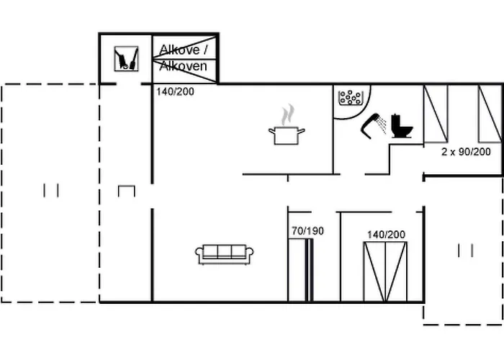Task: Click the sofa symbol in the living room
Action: point(225,253)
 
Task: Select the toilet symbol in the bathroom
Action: point(401,125)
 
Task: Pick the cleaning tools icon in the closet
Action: point(126,58)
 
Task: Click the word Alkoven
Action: point(183,66)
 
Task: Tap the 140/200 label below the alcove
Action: point(175,91)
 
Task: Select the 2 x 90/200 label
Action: point(466,152)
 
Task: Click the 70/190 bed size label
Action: point(307,231)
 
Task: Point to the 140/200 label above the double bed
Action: point(386,235)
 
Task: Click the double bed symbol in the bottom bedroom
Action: point(385,271)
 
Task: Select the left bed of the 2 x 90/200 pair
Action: point(436,113)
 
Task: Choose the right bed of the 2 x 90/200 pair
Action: point(490,113)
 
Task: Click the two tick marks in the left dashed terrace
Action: point(50,190)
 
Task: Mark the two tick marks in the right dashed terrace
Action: point(465,251)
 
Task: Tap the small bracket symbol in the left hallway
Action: point(127,190)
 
